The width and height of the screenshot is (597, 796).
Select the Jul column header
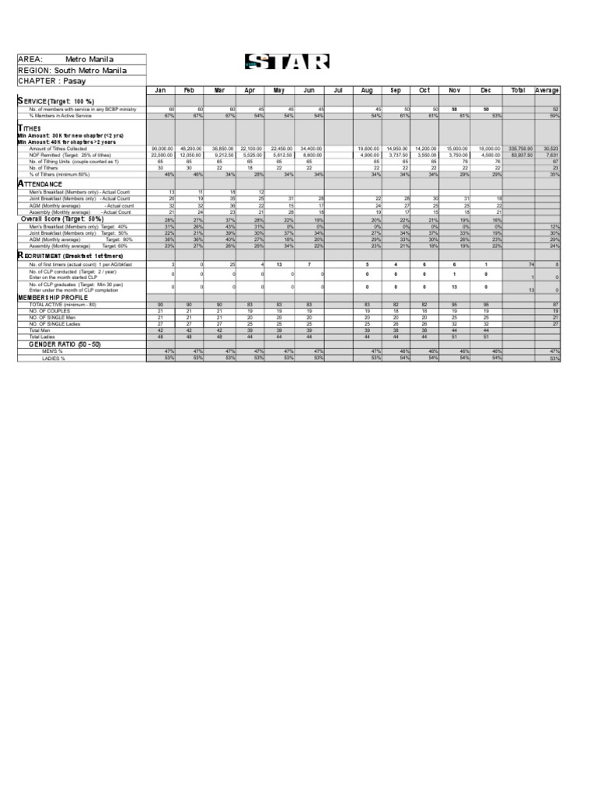338,90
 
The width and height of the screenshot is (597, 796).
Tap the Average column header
547,90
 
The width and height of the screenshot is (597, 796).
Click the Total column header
518,90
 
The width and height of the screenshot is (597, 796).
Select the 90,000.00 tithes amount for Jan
162,148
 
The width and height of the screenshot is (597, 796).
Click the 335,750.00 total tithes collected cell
520,148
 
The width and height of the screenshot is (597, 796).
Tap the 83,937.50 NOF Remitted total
521,154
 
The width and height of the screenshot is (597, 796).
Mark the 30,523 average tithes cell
550,148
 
